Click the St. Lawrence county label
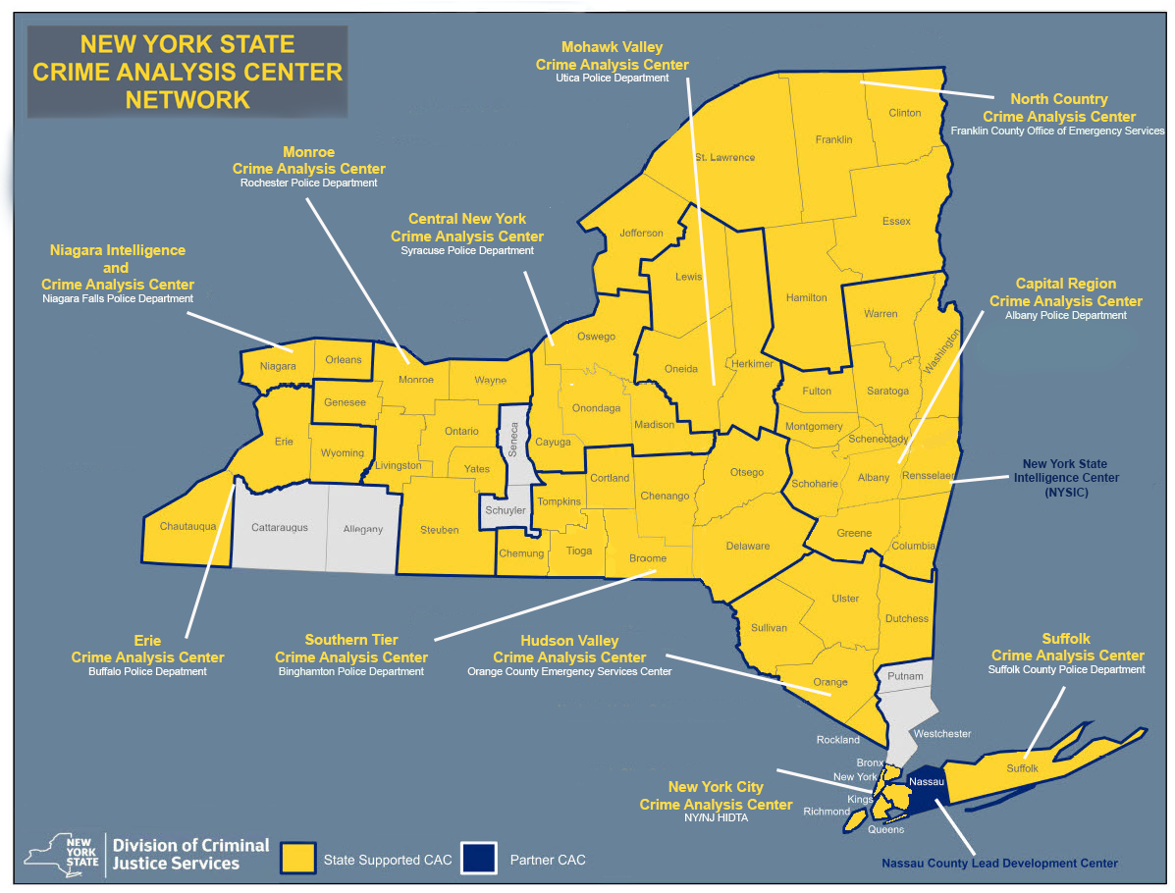[x=724, y=157]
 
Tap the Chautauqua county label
[x=187, y=526]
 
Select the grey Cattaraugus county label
[x=279, y=527]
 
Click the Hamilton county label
[x=807, y=297]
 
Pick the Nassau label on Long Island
[x=927, y=781]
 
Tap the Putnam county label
[x=905, y=676]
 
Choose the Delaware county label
[x=747, y=546]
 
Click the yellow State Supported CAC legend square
[x=297, y=860]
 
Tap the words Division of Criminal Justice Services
[x=190, y=854]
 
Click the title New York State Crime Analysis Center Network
[x=187, y=72]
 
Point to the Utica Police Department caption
[x=612, y=79]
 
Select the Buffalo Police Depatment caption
[x=147, y=672]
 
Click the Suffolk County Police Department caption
[x=1067, y=669]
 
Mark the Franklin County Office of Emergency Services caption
[x=1058, y=131]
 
